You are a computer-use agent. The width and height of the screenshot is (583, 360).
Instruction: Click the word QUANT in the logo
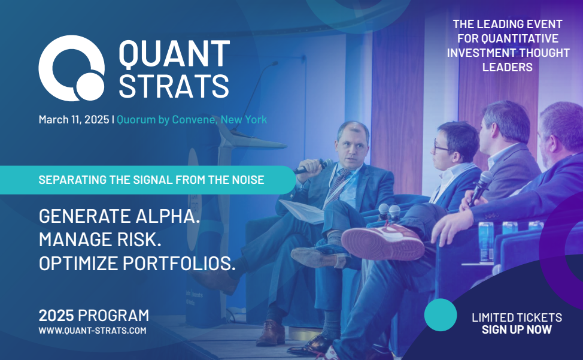174,54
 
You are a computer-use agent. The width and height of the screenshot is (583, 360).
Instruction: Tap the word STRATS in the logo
174,86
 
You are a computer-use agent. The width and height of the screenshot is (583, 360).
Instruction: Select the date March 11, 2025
74,119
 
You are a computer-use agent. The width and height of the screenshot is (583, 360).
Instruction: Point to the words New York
244,120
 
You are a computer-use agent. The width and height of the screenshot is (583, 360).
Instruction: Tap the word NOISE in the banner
248,180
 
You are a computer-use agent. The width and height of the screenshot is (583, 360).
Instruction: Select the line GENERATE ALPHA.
119,216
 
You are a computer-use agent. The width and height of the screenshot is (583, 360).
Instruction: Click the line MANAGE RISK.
100,240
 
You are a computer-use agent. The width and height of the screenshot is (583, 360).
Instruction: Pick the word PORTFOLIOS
179,264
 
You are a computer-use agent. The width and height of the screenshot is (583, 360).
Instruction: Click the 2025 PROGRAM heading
94,316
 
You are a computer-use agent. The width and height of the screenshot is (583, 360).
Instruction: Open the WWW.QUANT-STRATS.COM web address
93,331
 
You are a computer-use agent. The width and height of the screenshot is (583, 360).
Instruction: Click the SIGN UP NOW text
517,329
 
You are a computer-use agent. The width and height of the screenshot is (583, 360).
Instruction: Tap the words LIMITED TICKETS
517,317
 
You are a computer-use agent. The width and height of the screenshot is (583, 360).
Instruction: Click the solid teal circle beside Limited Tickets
441,314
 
